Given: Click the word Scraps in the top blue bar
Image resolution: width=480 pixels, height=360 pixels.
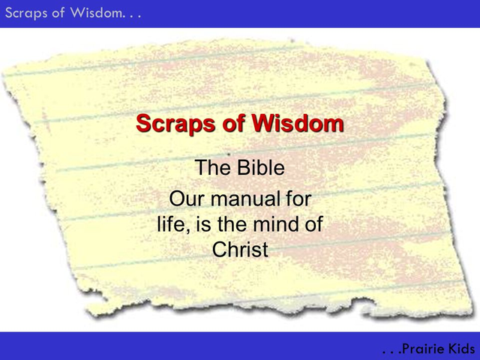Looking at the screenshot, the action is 26,13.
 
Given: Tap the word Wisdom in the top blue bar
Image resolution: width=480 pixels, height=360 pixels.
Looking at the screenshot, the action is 96,13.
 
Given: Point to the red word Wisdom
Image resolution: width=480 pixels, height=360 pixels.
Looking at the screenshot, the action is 298,123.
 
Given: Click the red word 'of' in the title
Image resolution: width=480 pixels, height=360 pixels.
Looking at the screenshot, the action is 233,123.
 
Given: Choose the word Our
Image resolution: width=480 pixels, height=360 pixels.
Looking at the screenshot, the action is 187,199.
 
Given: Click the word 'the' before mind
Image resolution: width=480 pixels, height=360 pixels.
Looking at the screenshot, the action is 232,224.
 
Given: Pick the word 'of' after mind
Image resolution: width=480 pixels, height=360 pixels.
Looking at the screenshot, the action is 314,224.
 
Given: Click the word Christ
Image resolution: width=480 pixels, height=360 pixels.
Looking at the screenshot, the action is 240,249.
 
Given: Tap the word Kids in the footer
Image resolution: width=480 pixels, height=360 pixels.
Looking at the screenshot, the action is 462,349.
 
